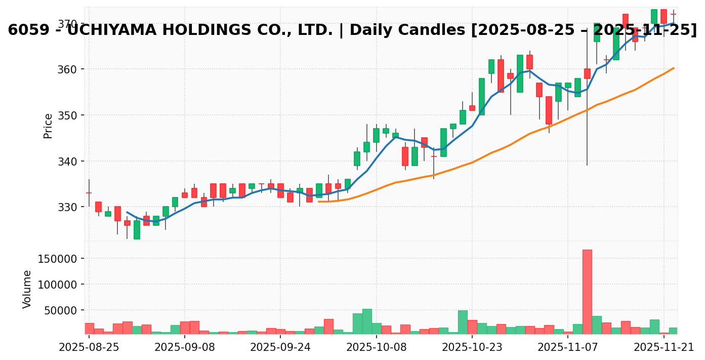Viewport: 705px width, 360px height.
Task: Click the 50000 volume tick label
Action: pos(59,310)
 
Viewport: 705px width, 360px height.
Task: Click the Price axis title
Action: pos(48,126)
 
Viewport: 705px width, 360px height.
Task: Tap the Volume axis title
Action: pos(27,289)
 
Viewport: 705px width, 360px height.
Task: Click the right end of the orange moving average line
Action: pos(674,68)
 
